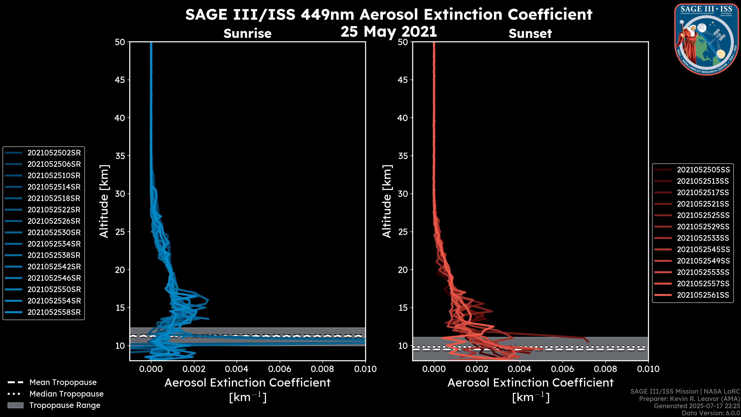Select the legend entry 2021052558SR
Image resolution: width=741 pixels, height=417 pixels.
tap(54, 312)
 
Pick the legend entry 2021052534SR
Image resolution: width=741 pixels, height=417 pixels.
tap(54, 244)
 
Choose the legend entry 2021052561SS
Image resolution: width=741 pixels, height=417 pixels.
tap(703, 295)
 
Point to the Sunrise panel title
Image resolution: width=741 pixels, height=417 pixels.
tap(247, 34)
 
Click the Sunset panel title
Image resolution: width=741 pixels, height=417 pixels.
tap(530, 34)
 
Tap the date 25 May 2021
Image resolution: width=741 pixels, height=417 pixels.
tap(389, 32)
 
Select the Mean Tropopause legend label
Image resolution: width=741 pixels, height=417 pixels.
tap(63, 382)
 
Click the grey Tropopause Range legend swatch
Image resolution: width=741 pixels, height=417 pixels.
tap(15, 405)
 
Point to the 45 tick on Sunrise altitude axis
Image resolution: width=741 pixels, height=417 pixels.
tap(120, 80)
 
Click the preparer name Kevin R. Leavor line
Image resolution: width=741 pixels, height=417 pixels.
tap(689, 399)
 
